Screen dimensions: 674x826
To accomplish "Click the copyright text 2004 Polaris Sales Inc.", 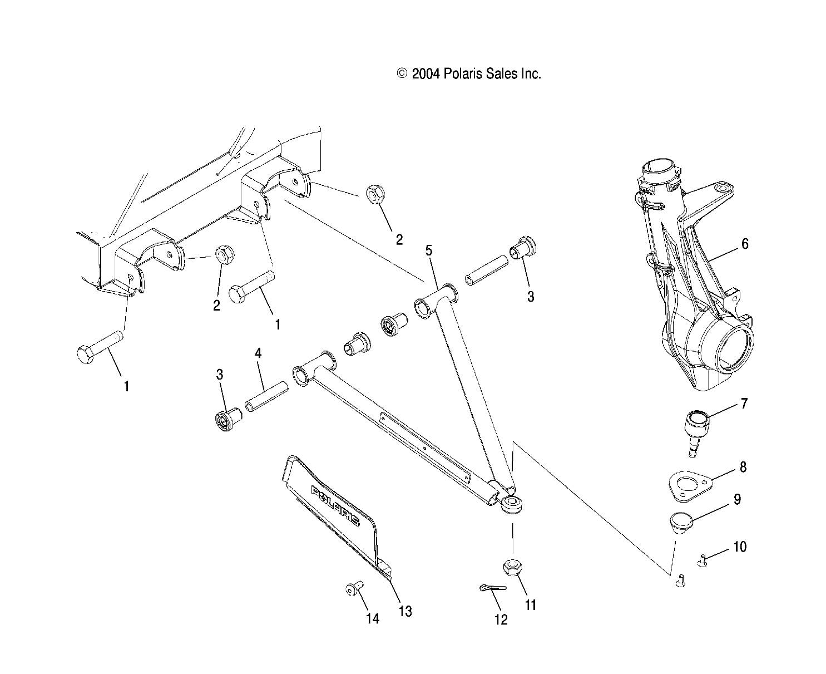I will [x=469, y=74].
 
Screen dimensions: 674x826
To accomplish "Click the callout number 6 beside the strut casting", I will [x=745, y=244].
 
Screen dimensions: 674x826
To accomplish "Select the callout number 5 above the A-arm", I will [x=428, y=250].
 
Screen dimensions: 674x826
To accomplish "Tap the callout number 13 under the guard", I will [x=405, y=611].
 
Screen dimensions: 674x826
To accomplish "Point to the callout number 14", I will [x=372, y=618].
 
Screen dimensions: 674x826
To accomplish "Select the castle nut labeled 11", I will [x=512, y=568].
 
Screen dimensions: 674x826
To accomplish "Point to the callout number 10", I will [x=740, y=547].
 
